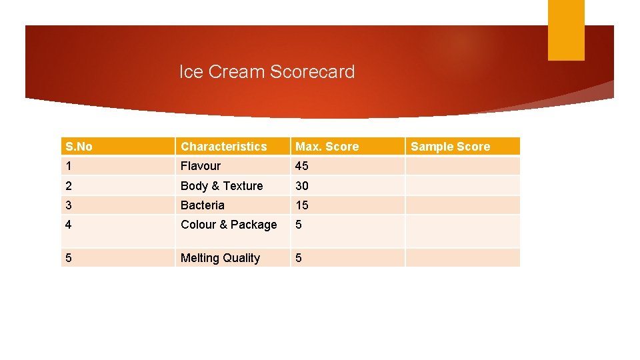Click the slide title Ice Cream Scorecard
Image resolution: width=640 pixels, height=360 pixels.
tap(267, 72)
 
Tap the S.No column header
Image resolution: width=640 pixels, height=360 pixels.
tap(79, 147)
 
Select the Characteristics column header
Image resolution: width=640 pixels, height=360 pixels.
tap(223, 147)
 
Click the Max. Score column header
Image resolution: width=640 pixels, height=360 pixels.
tap(327, 147)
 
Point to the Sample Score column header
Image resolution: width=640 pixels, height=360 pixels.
tap(450, 147)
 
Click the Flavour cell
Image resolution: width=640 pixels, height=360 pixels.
tap(201, 166)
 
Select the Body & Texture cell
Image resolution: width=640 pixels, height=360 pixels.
tap(222, 186)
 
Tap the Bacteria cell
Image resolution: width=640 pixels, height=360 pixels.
tap(203, 205)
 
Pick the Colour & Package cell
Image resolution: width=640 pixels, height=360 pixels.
tap(229, 225)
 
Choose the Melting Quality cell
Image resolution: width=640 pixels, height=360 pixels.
tap(220, 258)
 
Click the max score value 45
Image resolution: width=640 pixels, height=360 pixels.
tap(302, 166)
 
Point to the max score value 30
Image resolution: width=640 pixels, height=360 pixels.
tap(302, 186)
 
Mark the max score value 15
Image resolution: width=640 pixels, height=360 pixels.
tap(302, 205)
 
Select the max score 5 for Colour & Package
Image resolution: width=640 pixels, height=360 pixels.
tap(299, 225)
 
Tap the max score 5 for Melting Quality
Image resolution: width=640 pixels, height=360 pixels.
tap(299, 258)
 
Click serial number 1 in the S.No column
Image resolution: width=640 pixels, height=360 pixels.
tap(68, 166)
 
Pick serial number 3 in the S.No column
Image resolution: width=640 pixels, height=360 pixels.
tap(68, 205)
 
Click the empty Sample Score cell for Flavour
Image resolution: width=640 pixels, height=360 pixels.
tap(463, 166)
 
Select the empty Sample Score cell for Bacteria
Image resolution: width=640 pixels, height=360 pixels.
tap(463, 205)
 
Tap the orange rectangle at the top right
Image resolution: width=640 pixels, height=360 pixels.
tap(566, 29)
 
